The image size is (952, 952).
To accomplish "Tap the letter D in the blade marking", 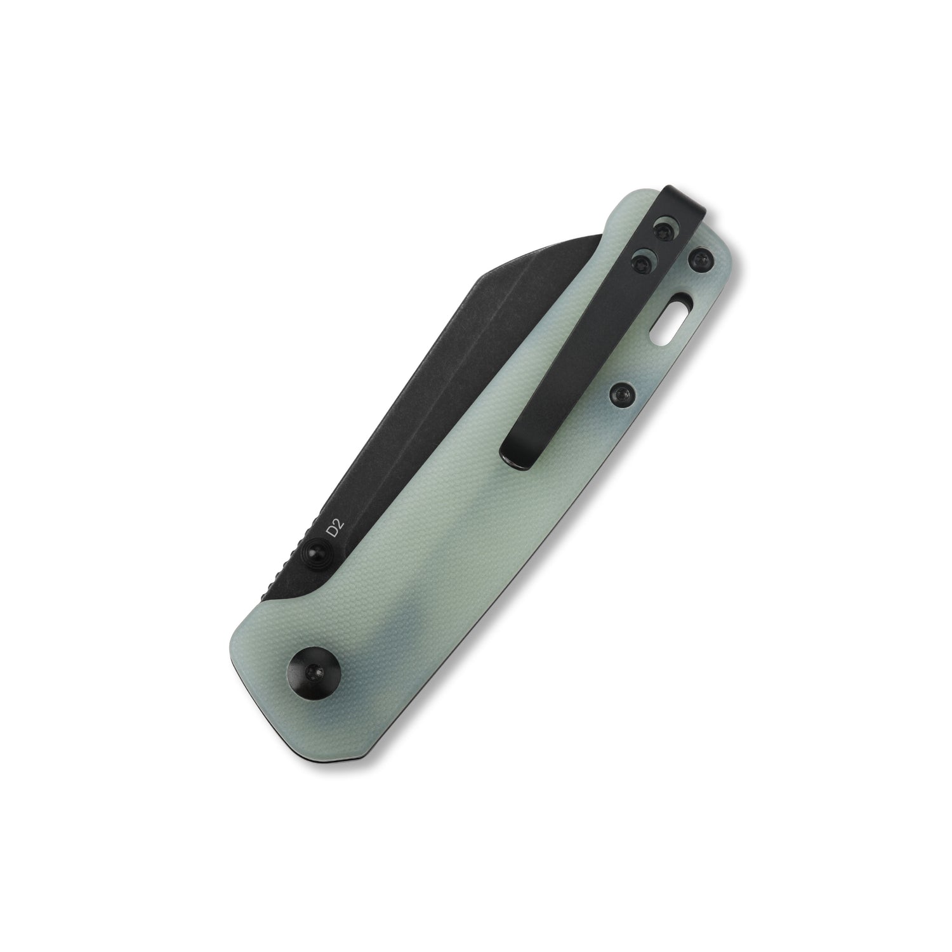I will pos(330,531).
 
